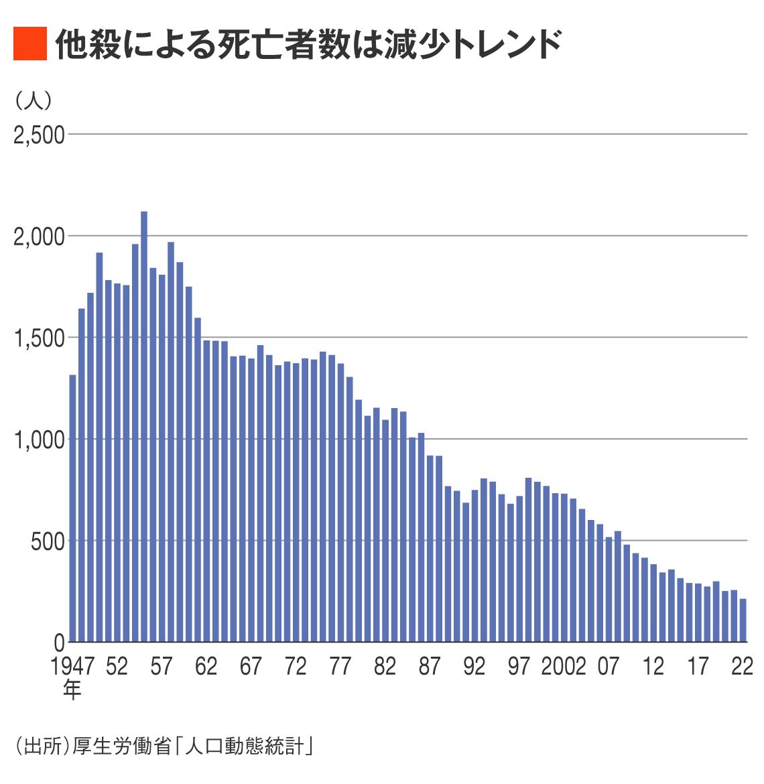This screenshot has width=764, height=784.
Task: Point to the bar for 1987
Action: click(x=430, y=549)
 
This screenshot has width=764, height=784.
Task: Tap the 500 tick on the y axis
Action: click(x=48, y=541)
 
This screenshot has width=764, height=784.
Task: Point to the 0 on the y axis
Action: click(x=59, y=643)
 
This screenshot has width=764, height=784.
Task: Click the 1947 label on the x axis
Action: click(x=72, y=666)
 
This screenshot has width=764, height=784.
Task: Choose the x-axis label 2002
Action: click(x=564, y=666)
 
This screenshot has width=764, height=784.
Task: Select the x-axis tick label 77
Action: click(x=340, y=666)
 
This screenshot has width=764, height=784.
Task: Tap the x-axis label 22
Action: click(x=743, y=666)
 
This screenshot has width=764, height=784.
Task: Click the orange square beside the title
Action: click(x=30, y=44)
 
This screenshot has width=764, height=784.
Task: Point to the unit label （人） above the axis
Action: click(x=33, y=101)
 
